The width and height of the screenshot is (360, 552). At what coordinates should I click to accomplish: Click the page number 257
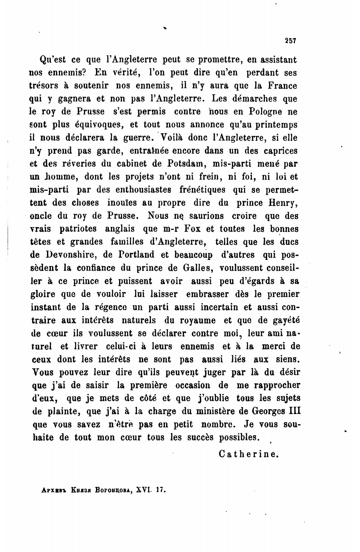(x=290, y=41)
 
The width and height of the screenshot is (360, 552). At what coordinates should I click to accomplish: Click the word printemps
(x=273, y=125)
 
